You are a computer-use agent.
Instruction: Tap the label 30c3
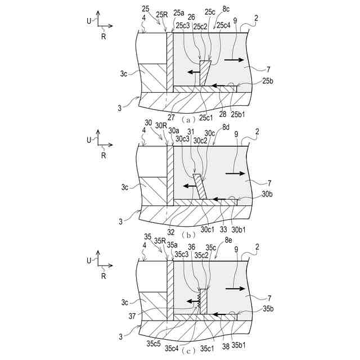point(181,138)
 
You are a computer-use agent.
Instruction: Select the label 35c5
point(153,341)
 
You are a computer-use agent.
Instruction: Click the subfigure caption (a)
point(189,119)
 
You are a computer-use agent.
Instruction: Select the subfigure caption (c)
point(189,351)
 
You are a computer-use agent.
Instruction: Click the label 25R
point(161,15)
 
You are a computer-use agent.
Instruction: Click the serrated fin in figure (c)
point(202,300)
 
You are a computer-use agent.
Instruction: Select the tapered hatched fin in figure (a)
point(205,73)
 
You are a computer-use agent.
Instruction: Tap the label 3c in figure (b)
point(127,186)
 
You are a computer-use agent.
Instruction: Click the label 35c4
point(171,348)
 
